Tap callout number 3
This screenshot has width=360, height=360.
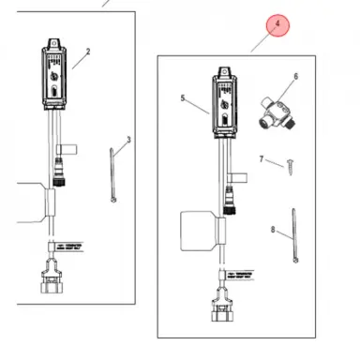(128, 140)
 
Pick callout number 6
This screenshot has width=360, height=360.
(295, 76)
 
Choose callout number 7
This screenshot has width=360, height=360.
(262, 159)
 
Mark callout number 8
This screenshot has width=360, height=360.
(274, 228)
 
